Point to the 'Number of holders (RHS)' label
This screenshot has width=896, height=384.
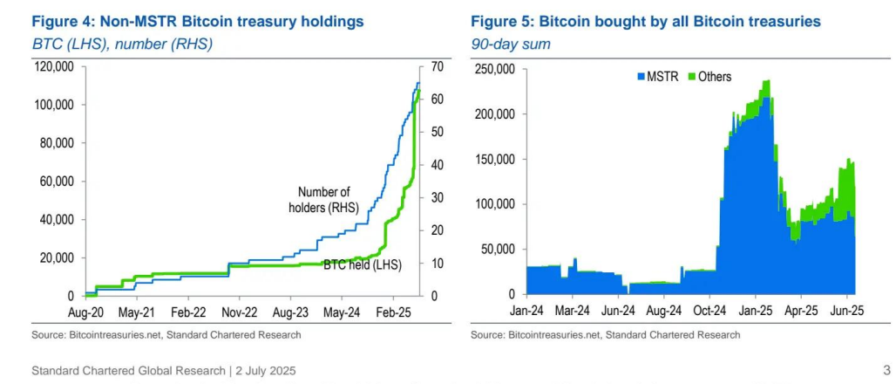[323, 199]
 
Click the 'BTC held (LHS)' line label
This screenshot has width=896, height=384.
[362, 264]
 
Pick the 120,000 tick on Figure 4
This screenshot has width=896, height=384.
[54, 66]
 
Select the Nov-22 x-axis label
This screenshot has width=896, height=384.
[238, 312]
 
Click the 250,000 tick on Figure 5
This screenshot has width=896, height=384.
[494, 69]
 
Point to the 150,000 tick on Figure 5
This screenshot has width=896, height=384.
[494, 160]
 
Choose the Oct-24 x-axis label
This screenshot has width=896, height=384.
[710, 310]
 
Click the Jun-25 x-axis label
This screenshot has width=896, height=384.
[846, 310]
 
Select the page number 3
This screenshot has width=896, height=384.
[886, 370]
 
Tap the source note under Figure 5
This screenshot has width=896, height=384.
[605, 335]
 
